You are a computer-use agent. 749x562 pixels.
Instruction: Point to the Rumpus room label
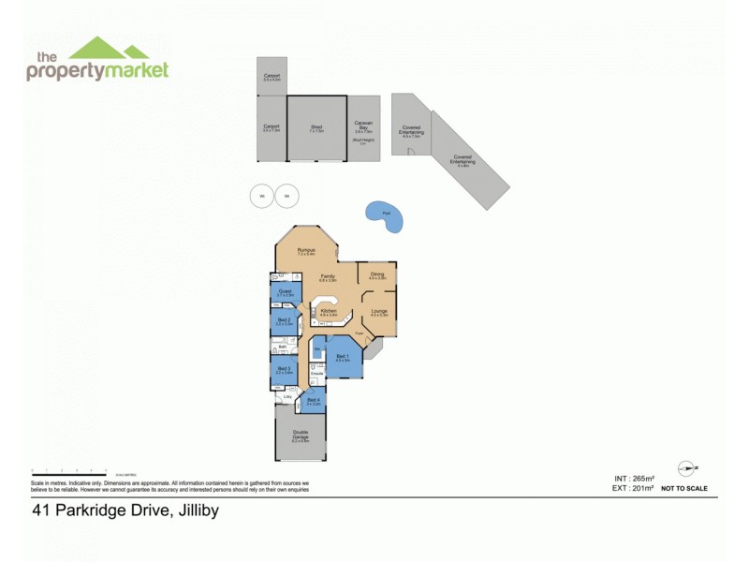pos(305,250)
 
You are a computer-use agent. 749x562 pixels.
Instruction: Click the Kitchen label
pos(329,311)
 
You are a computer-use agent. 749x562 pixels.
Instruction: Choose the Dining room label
pos(377,274)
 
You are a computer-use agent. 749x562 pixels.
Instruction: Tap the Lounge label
pos(379,311)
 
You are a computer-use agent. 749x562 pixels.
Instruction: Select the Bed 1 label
pos(343,356)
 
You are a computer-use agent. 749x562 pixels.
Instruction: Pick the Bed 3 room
pos(285,371)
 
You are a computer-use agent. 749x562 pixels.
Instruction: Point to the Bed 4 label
pos(313,401)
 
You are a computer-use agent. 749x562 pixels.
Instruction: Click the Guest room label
pos(286,292)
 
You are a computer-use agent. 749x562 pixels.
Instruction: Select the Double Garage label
pos(300,434)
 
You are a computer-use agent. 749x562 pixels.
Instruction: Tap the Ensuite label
pos(316,375)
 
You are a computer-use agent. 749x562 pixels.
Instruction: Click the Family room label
pos(329,276)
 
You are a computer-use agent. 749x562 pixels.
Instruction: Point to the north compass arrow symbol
pos(687,467)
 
